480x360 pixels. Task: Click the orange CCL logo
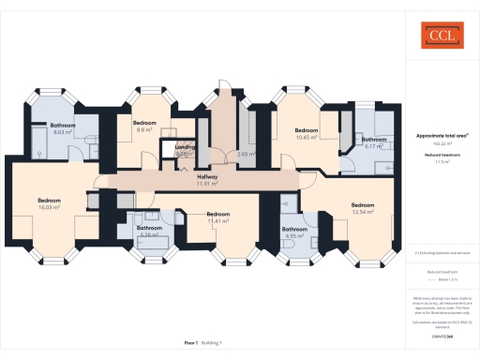[x=438, y=37]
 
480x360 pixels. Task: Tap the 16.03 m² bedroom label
[x=50, y=203]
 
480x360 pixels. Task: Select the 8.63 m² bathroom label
[x=63, y=128]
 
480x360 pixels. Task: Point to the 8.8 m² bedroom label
[x=143, y=127]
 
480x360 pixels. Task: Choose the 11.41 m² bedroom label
[x=218, y=217]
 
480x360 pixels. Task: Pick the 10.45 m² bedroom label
[x=307, y=133]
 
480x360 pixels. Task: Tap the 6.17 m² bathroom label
[x=374, y=142]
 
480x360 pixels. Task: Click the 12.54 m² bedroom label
[x=363, y=208]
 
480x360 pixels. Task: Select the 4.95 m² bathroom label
[x=294, y=232]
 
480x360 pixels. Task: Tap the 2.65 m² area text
[x=247, y=154]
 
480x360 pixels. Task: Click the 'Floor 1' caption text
[x=189, y=344]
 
